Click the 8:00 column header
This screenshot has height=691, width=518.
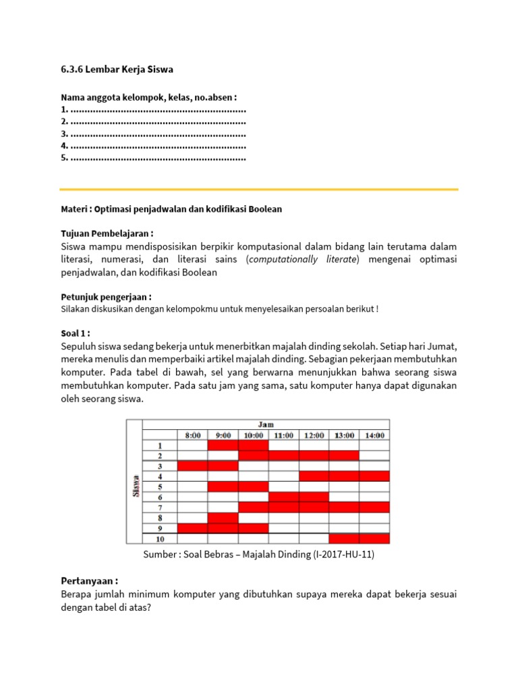tap(192, 435)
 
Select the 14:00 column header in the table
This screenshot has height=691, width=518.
tap(374, 435)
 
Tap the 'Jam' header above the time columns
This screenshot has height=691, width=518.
tap(284, 424)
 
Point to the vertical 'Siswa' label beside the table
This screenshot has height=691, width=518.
tap(135, 487)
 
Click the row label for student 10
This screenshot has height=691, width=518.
tap(160, 538)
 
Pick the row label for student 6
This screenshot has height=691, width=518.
tap(160, 497)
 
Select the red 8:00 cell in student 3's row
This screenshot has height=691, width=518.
tap(192, 466)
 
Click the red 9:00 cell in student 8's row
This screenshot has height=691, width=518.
tap(223, 518)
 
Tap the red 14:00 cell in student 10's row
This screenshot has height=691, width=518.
tap(374, 538)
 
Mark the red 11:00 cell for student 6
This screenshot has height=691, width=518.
tap(284, 497)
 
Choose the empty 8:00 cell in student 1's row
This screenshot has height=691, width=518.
tap(192, 445)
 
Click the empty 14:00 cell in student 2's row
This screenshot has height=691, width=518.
tap(374, 455)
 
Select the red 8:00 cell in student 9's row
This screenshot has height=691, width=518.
tap(192, 528)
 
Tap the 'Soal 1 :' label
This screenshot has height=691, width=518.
tap(76, 333)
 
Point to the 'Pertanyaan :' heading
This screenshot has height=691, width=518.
tap(89, 580)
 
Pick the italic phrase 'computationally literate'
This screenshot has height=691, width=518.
tap(304, 260)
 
